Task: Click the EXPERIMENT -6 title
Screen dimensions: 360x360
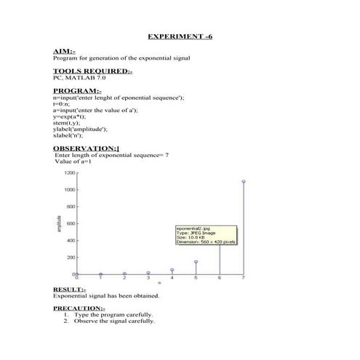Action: (180, 36)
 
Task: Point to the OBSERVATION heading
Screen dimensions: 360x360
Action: (86, 148)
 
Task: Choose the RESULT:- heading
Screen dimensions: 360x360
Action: (69, 289)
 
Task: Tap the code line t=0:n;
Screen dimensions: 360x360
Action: (63, 103)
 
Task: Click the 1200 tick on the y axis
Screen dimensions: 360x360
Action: (69, 173)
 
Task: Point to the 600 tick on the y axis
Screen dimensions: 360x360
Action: (71, 223)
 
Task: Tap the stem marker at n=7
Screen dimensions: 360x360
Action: (244, 182)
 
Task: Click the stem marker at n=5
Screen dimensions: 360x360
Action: (196, 262)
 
